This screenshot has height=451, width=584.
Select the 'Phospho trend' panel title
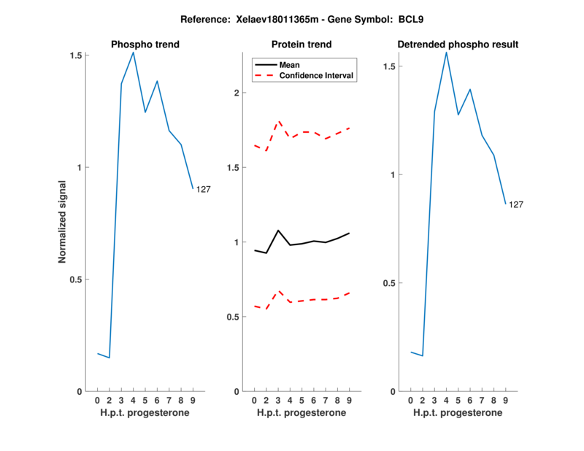145,45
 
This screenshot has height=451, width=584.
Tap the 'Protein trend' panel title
301,45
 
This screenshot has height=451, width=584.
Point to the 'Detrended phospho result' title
458,45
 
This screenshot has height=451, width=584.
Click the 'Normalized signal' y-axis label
63,223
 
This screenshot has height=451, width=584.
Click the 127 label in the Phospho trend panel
204,190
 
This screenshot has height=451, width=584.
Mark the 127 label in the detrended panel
516,205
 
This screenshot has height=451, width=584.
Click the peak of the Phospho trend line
133,52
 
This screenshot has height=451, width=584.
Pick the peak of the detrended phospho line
446,52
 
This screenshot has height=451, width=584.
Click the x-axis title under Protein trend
301,413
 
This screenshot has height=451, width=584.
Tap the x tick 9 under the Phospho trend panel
193,401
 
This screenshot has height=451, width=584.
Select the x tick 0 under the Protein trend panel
254,401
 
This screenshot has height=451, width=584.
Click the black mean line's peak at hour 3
278,231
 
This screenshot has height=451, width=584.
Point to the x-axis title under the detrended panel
458,413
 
